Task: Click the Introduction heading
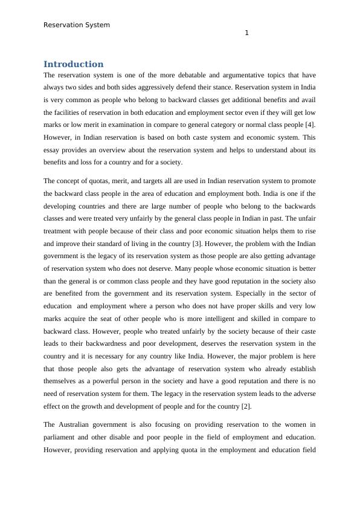click(x=73, y=64)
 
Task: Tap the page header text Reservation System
click(x=77, y=25)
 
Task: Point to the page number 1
click(x=246, y=33)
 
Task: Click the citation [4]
click(x=309, y=125)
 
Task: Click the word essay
click(x=53, y=150)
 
